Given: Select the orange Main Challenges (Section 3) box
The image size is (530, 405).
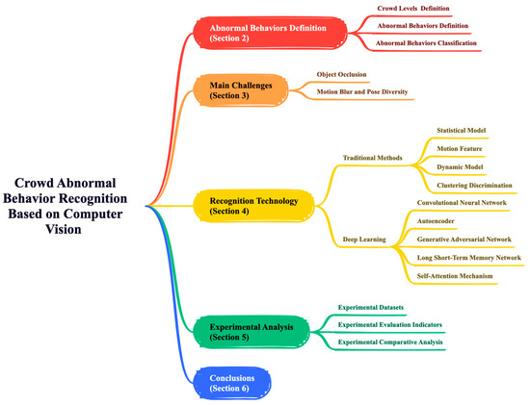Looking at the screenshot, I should point(241,91).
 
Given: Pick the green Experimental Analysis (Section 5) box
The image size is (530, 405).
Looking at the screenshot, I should point(252,332).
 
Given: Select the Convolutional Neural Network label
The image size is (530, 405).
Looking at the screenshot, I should point(468,203).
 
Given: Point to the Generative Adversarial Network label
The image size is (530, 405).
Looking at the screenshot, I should point(470,239).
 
